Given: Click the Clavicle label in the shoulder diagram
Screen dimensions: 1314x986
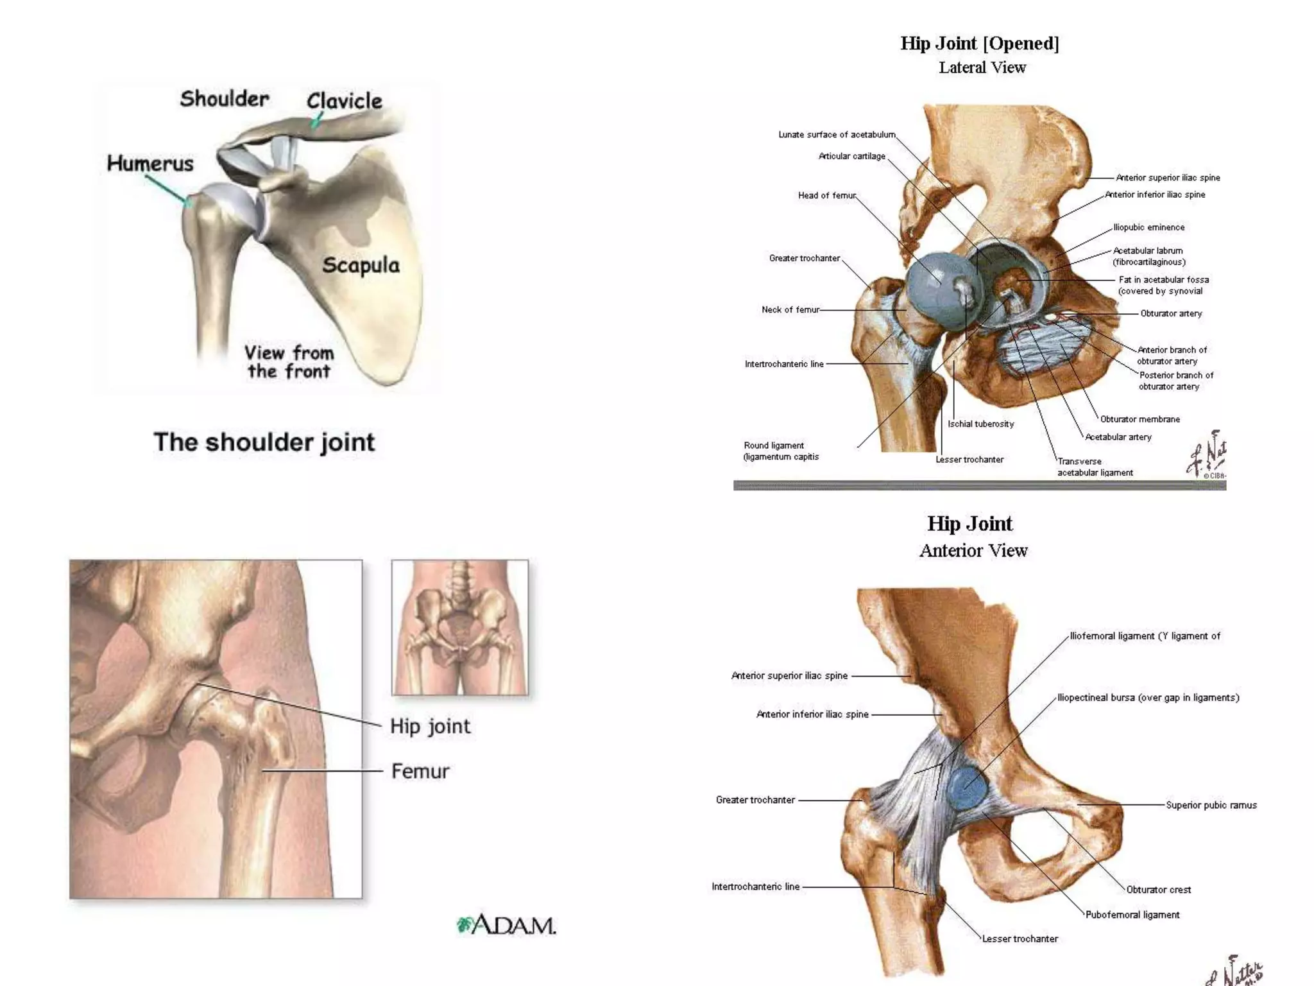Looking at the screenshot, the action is (344, 101).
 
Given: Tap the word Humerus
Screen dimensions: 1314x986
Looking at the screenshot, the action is (150, 163).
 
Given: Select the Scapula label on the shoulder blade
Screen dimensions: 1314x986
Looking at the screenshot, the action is (361, 265).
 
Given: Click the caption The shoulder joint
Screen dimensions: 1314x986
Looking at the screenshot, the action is (264, 442).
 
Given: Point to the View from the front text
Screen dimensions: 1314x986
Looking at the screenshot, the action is (289, 362).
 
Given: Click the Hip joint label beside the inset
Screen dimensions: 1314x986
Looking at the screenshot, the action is (430, 726).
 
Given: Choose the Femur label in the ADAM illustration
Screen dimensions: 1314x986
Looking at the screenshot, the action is (420, 771).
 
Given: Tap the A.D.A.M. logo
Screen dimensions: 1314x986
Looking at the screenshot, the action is (506, 925).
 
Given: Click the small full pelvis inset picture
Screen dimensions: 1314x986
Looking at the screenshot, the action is (460, 627).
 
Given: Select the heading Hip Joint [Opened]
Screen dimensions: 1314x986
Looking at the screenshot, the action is (980, 43).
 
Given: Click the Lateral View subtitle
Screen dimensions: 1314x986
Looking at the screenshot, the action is (982, 67).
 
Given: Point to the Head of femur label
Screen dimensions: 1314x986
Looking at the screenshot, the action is (827, 195).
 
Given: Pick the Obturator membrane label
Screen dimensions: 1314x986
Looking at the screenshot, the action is (1140, 419).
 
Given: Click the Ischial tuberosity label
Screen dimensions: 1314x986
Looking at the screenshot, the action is (980, 424).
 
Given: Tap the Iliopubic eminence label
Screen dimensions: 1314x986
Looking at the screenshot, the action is (1148, 227).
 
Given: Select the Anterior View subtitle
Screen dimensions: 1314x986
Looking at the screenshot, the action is (973, 551).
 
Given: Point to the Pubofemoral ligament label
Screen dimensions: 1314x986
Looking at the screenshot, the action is (1132, 915).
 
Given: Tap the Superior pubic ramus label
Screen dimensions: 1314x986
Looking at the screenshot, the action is (1211, 805).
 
